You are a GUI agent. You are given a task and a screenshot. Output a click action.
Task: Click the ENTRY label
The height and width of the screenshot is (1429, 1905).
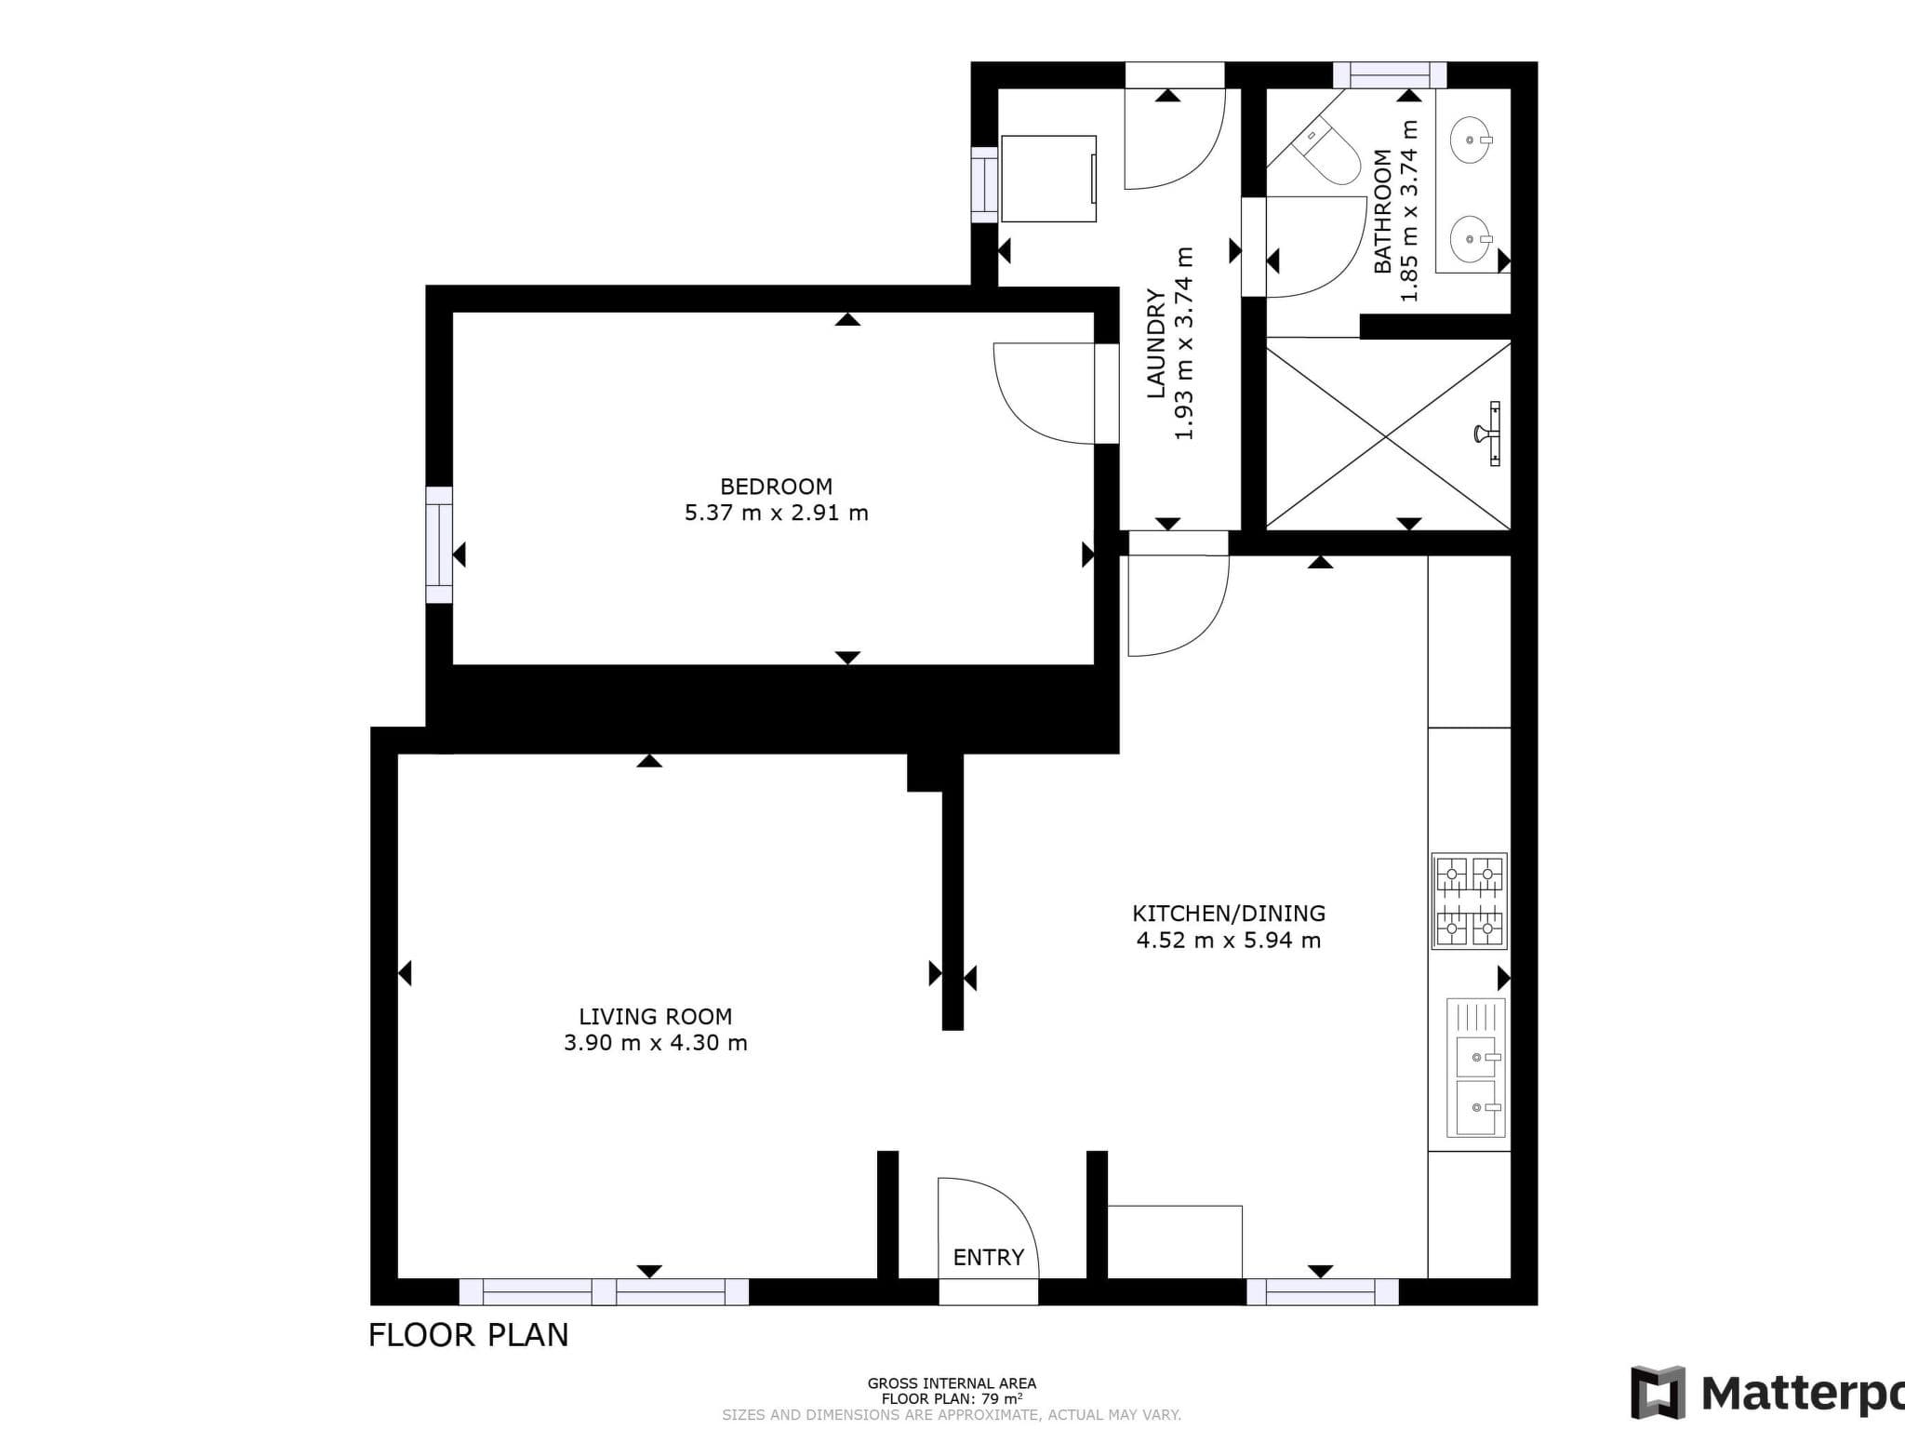(988, 1258)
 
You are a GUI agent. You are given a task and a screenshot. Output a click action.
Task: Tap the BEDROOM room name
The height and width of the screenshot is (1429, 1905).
(776, 487)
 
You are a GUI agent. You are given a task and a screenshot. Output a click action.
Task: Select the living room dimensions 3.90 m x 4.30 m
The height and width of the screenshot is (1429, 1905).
(655, 1043)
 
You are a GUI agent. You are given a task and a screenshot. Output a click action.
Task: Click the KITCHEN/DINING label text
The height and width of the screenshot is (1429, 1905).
(1228, 914)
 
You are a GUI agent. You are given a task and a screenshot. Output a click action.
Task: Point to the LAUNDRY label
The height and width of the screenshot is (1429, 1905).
(1155, 343)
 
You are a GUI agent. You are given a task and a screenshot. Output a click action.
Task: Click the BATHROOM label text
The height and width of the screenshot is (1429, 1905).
(1383, 211)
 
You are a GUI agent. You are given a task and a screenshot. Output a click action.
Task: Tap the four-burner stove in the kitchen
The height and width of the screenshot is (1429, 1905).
(1469, 901)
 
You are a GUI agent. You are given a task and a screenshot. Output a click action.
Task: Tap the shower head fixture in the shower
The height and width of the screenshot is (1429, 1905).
(1488, 433)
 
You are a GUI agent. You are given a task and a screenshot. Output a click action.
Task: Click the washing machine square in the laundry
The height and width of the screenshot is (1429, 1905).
(1048, 179)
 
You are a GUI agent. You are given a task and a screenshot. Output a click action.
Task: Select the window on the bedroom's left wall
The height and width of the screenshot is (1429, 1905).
(439, 545)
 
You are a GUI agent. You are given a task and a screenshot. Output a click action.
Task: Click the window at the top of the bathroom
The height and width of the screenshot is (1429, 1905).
(1390, 74)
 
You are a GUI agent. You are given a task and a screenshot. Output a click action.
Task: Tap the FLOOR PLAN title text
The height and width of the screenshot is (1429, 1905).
(468, 1335)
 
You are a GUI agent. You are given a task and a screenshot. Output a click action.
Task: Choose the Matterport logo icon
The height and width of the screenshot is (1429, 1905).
(1658, 1394)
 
